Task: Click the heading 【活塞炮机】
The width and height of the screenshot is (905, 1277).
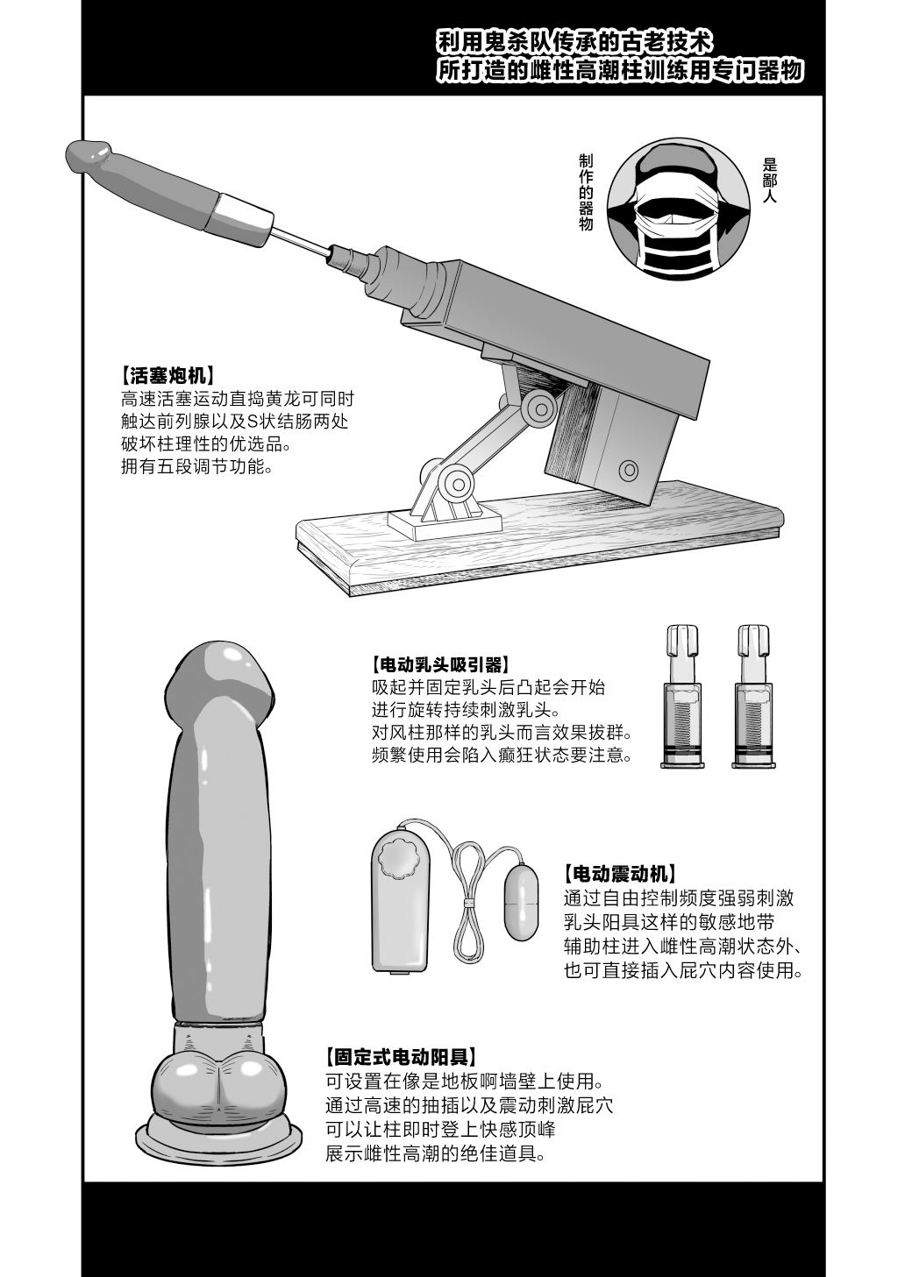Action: [x=167, y=376]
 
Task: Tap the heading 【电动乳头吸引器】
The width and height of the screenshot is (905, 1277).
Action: [x=439, y=664]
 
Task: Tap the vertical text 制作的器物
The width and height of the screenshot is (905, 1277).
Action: [x=586, y=192]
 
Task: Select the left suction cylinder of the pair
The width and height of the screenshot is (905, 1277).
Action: [x=682, y=697]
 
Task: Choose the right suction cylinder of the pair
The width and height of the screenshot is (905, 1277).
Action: [x=753, y=697]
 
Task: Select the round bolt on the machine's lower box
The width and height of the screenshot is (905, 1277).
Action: [x=629, y=471]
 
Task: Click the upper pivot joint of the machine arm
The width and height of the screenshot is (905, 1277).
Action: [x=539, y=408]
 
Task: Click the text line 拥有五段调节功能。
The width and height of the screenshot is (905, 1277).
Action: [x=197, y=467]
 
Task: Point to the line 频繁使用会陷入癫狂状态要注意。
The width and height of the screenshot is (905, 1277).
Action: [x=502, y=756]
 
